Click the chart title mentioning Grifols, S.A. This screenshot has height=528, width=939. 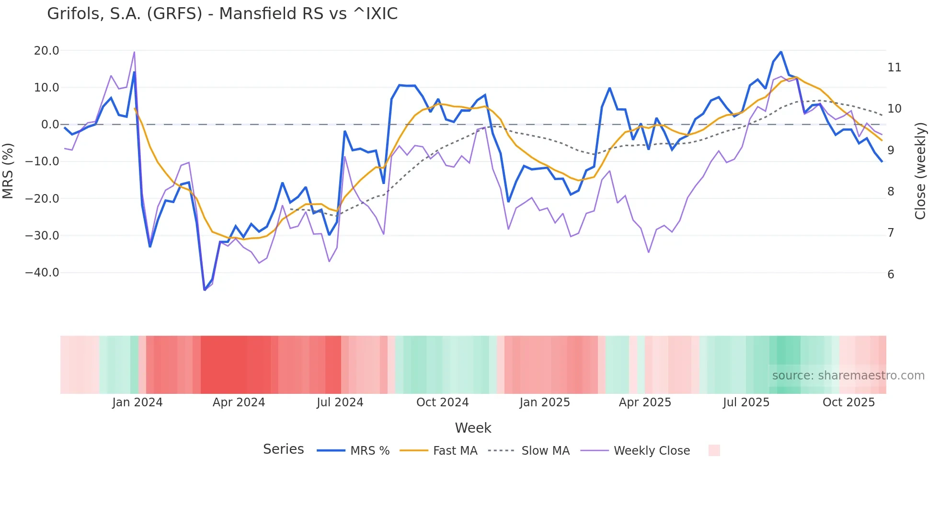click(222, 13)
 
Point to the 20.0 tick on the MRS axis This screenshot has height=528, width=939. click(46, 50)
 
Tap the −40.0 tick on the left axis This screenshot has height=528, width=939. click(42, 273)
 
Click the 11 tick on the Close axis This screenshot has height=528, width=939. click(894, 68)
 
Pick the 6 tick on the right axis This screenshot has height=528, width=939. click(891, 275)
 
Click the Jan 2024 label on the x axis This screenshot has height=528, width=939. click(137, 402)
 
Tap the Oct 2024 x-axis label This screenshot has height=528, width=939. click(442, 402)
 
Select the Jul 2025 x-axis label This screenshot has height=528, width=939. click(746, 402)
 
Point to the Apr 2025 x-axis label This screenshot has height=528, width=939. click(645, 402)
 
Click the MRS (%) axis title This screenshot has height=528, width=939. click(8, 171)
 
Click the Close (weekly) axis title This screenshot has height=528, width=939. click(920, 171)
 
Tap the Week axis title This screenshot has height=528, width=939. click(473, 428)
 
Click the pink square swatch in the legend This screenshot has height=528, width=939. click(714, 450)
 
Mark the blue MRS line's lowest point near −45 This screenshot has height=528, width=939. click(205, 290)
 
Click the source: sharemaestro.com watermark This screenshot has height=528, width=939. click(848, 376)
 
